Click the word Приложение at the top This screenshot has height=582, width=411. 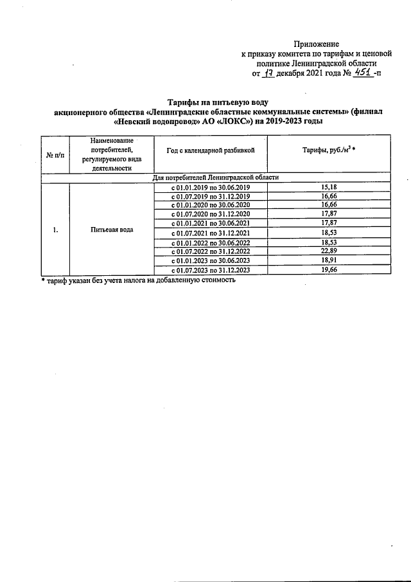coord(316,43)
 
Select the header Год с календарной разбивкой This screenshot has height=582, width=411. coord(210,149)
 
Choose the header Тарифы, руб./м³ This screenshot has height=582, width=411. coord(329,149)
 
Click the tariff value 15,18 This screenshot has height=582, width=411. coord(329,187)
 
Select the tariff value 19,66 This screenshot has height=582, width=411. coord(329,270)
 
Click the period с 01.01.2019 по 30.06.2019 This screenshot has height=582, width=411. coord(210,187)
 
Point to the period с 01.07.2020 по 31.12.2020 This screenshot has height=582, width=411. coord(210,214)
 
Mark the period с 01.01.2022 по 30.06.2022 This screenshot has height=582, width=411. coord(210,242)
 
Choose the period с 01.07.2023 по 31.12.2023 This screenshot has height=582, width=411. coord(210,270)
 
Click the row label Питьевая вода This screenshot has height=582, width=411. coord(112,229)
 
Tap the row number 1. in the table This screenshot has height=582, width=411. coord(56,229)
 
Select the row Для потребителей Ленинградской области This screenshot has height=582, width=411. coord(215,177)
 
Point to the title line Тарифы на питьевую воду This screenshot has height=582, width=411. coord(218,102)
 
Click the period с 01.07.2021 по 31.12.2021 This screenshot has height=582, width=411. coord(210,233)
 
